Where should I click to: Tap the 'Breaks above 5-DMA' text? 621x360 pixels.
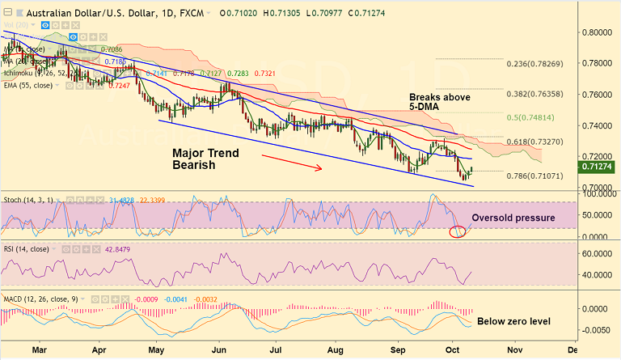(438, 101)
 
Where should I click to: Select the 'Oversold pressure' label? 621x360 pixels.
(512, 218)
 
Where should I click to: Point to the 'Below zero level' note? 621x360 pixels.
(513, 321)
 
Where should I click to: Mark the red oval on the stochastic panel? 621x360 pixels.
(460, 232)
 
